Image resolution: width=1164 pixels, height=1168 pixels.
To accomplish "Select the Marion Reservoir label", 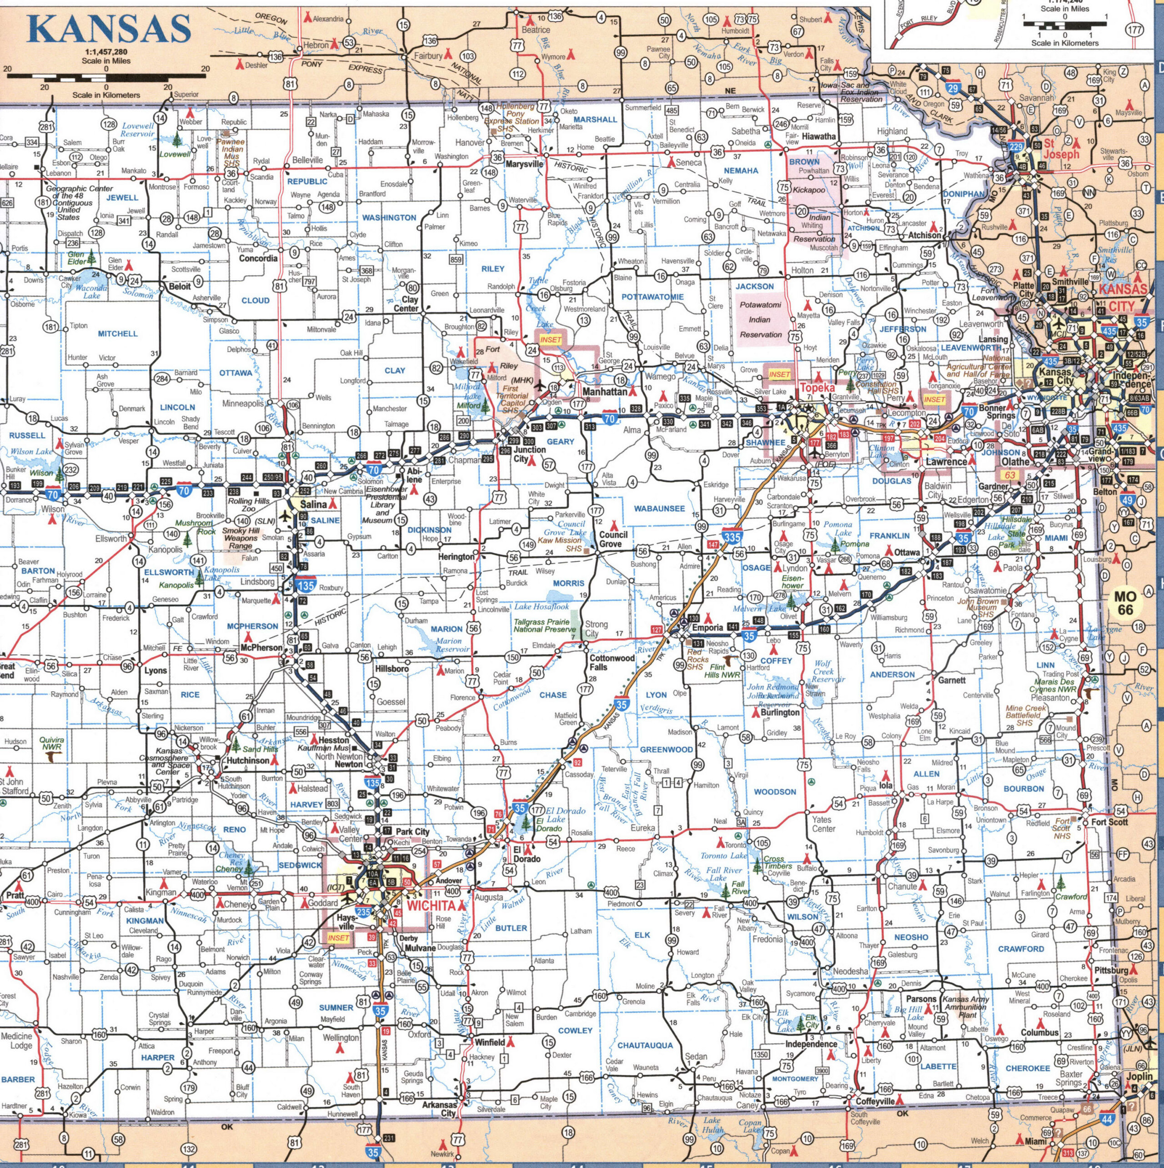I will click(x=448, y=645).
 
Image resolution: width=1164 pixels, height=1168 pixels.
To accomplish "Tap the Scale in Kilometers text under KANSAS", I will click(x=106, y=95).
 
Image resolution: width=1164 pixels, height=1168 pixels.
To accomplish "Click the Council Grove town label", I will click(x=613, y=539).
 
